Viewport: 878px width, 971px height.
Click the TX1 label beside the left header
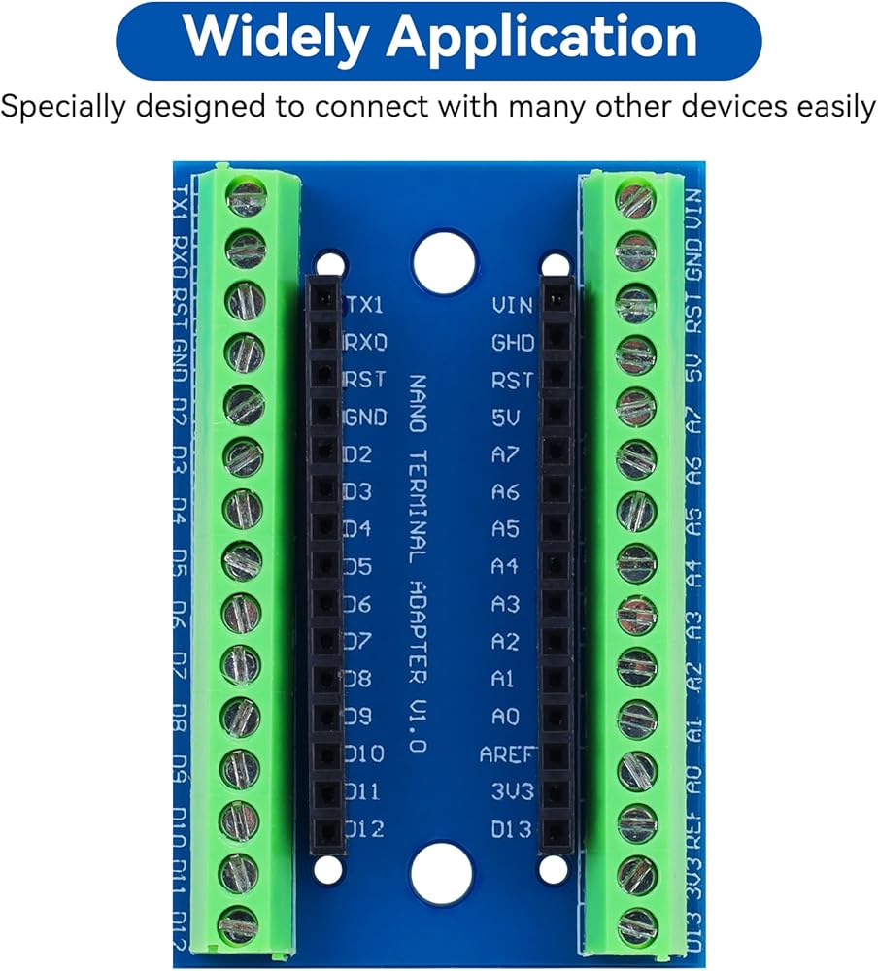(x=365, y=306)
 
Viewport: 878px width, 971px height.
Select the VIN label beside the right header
(x=512, y=305)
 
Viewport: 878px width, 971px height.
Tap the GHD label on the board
(x=512, y=343)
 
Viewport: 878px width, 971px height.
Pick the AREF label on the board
(x=507, y=754)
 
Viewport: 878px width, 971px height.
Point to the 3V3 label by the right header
(x=512, y=792)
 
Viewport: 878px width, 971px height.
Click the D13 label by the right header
(x=512, y=830)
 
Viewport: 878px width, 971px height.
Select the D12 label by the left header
(x=365, y=830)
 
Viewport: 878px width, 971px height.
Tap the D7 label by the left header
(x=357, y=642)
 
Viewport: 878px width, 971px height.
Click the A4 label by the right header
(x=506, y=567)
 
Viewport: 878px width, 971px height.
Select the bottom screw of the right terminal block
(x=636, y=924)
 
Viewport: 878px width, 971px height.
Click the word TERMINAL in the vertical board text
(x=416, y=505)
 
